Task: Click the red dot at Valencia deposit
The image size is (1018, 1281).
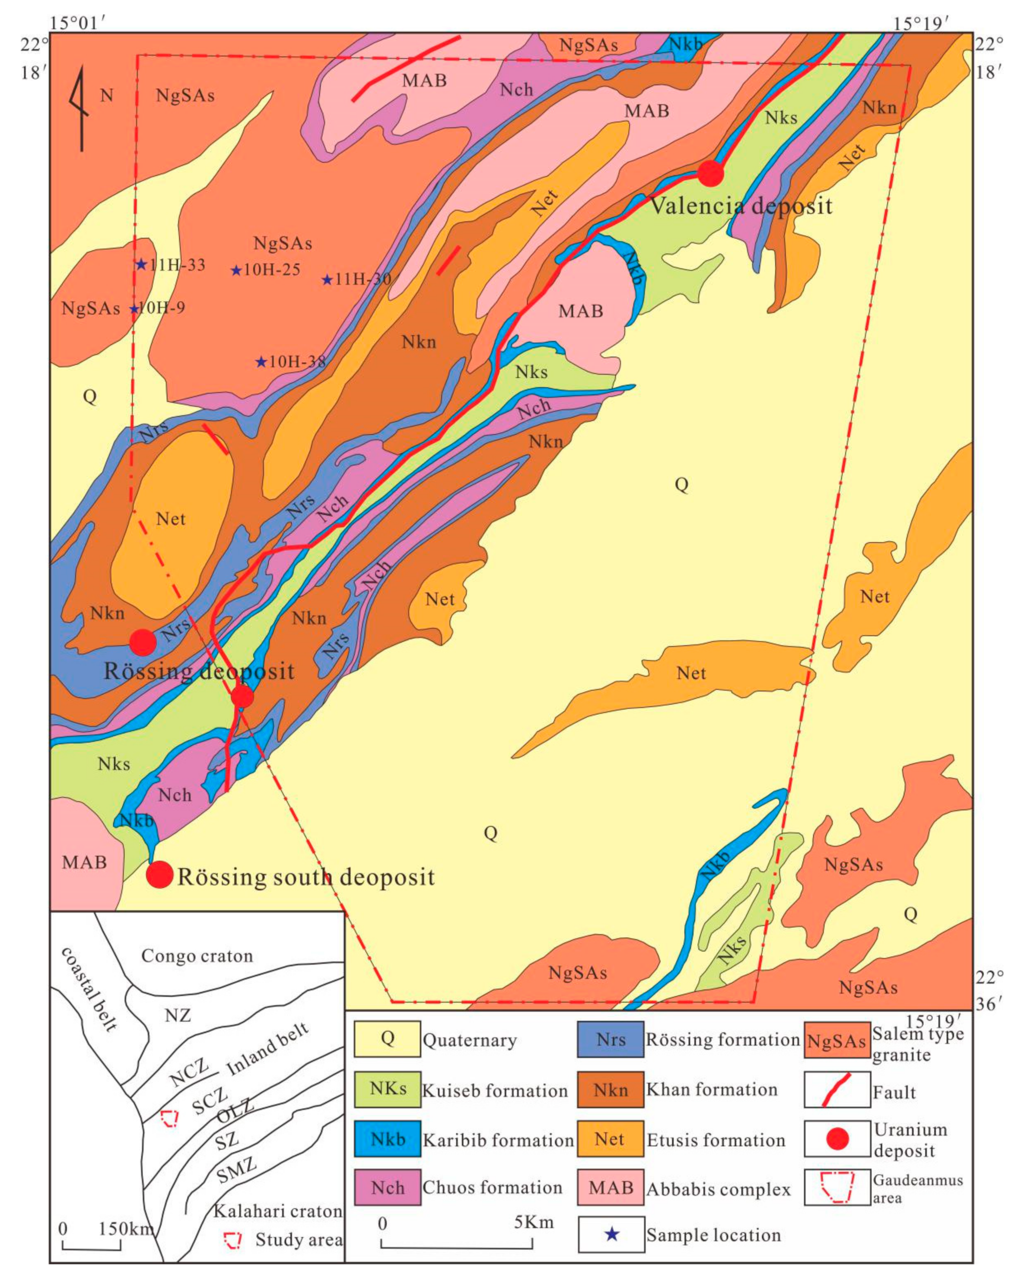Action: (x=710, y=174)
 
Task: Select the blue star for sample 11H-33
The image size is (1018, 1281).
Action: (x=141, y=264)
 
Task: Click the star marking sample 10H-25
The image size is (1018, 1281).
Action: (x=236, y=270)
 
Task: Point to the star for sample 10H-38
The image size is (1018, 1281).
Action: (x=261, y=362)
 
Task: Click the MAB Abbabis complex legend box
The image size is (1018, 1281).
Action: (x=610, y=1188)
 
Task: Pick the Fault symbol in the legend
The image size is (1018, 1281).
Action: (x=837, y=1090)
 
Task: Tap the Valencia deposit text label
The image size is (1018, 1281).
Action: (x=741, y=206)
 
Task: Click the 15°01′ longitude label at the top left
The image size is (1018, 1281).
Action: (x=78, y=22)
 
